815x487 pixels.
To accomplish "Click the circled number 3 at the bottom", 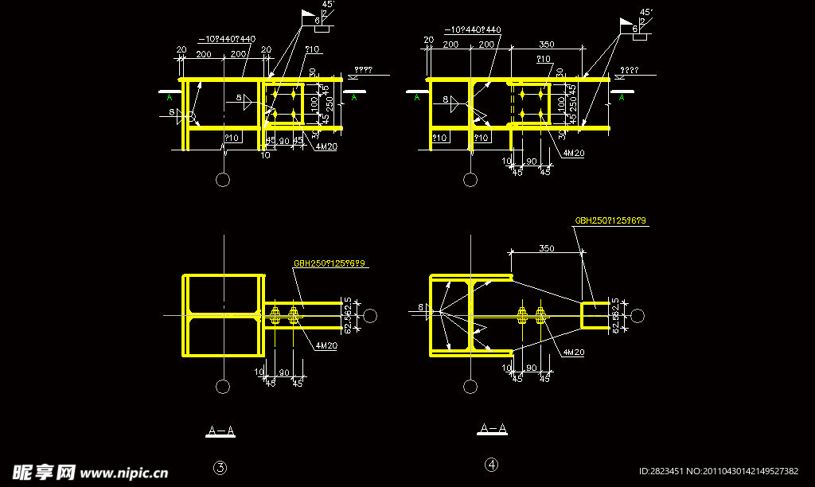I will [x=220, y=467].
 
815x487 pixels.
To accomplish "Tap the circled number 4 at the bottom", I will [x=493, y=464].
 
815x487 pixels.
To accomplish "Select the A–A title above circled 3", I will [x=220, y=431].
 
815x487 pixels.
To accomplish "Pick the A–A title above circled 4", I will [x=493, y=430].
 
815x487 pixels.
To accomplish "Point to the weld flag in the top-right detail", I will [x=626, y=25].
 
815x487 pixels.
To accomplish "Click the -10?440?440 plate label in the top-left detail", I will [x=227, y=39].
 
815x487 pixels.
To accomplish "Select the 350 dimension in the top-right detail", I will [x=546, y=45].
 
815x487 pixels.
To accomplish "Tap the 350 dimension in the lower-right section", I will [x=546, y=248].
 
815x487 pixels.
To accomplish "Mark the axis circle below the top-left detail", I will [x=223, y=180].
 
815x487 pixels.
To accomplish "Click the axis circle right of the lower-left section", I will [x=369, y=316].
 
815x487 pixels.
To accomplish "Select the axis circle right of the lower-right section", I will [x=637, y=316].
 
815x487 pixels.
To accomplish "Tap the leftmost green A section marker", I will [x=170, y=97].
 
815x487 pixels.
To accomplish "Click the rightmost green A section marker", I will [x=622, y=97].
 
